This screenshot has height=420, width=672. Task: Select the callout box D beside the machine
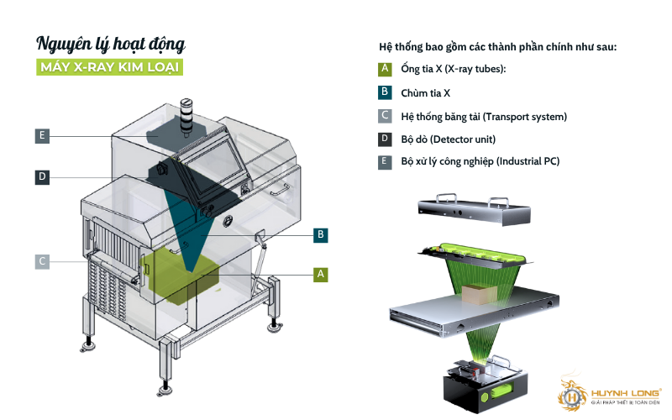pyautogui.click(x=41, y=176)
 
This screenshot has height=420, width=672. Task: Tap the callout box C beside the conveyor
pyautogui.click(x=41, y=261)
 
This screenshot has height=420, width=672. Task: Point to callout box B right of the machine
pyautogui.click(x=319, y=235)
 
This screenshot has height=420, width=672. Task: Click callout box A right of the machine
pyautogui.click(x=319, y=274)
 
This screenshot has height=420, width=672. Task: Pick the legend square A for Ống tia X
pyautogui.click(x=385, y=69)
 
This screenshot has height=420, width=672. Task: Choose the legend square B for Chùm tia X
pyautogui.click(x=385, y=92)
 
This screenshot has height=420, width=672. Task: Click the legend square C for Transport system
pyautogui.click(x=385, y=116)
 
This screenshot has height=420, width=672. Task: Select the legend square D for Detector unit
pyautogui.click(x=385, y=139)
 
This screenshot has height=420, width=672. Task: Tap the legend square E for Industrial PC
pyautogui.click(x=385, y=161)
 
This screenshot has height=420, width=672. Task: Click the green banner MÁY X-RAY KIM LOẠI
pyautogui.click(x=110, y=67)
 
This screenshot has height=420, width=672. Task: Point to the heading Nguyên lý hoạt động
pyautogui.click(x=111, y=42)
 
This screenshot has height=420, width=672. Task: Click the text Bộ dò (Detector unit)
pyautogui.click(x=448, y=139)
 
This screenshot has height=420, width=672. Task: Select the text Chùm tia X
pyautogui.click(x=426, y=92)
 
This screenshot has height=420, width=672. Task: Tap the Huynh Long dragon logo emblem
pyautogui.click(x=575, y=392)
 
